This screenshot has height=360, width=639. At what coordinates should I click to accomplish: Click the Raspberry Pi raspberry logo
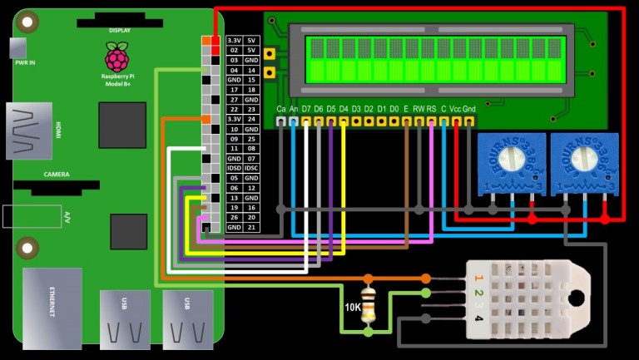[x=116, y=58]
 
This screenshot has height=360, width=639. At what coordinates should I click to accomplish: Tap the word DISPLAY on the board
[x=119, y=31]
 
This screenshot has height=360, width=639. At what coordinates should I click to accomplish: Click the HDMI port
[x=29, y=131]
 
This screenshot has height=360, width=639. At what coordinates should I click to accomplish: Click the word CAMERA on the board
[x=57, y=175]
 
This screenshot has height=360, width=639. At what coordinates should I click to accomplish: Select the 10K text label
[x=352, y=307]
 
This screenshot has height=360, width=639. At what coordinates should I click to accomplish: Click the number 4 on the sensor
[x=478, y=318]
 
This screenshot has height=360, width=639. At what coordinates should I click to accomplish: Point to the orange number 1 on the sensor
[x=478, y=278]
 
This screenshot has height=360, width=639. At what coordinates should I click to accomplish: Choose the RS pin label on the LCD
[x=431, y=109]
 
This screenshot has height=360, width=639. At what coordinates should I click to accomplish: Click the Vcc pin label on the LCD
[x=456, y=109]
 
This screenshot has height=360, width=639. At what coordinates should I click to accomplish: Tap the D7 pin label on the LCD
[x=306, y=109]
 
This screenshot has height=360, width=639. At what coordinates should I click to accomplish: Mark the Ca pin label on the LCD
[x=281, y=109]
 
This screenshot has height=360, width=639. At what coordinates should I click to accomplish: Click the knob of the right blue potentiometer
[x=586, y=159]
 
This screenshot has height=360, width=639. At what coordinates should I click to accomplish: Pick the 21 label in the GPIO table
[x=252, y=227]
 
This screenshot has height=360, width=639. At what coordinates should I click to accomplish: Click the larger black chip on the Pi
[x=122, y=126]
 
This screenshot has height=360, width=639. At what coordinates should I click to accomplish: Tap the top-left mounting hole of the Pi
[x=28, y=22]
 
